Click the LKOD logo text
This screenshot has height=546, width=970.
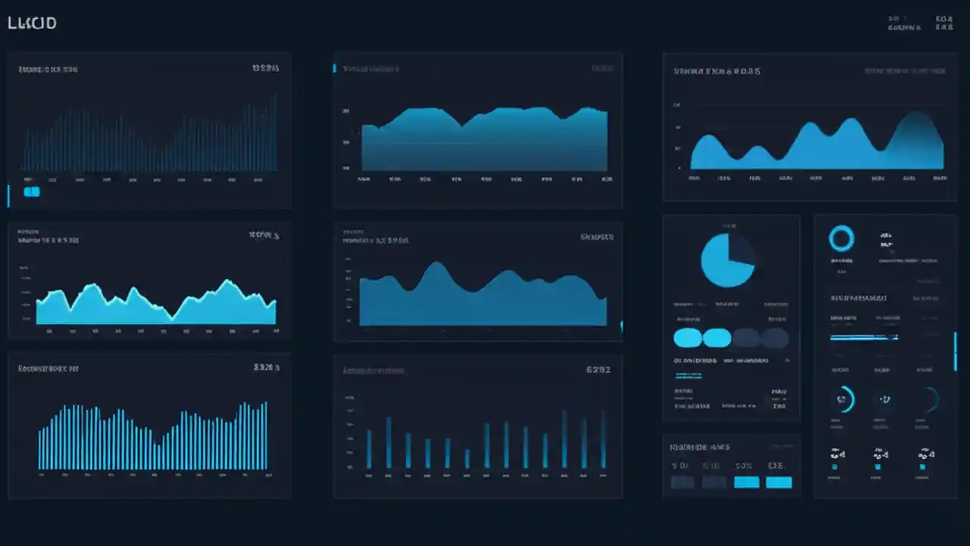click(x=32, y=24)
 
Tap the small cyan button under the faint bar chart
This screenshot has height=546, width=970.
click(x=32, y=192)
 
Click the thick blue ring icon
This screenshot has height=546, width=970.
click(x=841, y=239)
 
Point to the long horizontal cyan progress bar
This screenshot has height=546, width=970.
click(x=864, y=337)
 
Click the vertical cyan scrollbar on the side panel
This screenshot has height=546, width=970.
click(x=955, y=351)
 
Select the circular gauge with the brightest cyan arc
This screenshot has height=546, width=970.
click(x=843, y=399)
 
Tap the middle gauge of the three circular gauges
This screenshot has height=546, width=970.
click(x=883, y=399)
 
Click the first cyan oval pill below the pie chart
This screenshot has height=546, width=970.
click(x=688, y=338)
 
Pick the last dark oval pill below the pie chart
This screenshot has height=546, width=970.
click(x=774, y=338)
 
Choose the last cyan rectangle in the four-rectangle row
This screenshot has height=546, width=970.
click(x=778, y=482)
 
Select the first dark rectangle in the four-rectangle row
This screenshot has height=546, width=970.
click(x=682, y=482)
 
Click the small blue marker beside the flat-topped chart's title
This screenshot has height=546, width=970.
click(x=334, y=68)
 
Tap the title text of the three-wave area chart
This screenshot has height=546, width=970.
click(x=717, y=71)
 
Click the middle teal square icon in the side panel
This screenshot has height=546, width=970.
click(x=878, y=467)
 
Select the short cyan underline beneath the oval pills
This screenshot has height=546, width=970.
click(x=688, y=375)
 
